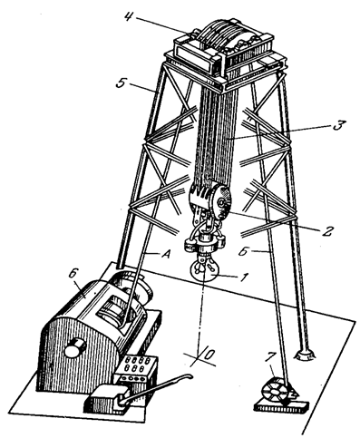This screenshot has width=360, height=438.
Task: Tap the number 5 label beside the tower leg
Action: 122,83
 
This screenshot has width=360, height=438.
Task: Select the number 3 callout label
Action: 338,125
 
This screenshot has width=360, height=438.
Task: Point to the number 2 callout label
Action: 326,230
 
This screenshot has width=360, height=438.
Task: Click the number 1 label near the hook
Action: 244,277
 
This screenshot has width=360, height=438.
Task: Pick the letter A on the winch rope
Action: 165,255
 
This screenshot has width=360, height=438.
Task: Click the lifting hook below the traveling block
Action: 203,268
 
